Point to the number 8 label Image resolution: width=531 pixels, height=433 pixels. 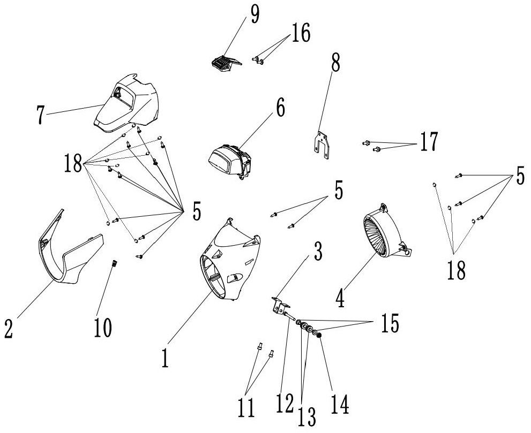pyautogui.click(x=335, y=65)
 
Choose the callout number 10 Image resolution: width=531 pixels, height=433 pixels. pyautogui.click(x=103, y=327)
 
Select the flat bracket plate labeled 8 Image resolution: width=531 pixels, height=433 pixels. pyautogui.click(x=321, y=145)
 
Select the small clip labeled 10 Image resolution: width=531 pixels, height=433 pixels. pyautogui.click(x=114, y=262)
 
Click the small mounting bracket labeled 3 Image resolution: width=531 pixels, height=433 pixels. pyautogui.click(x=279, y=307)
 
